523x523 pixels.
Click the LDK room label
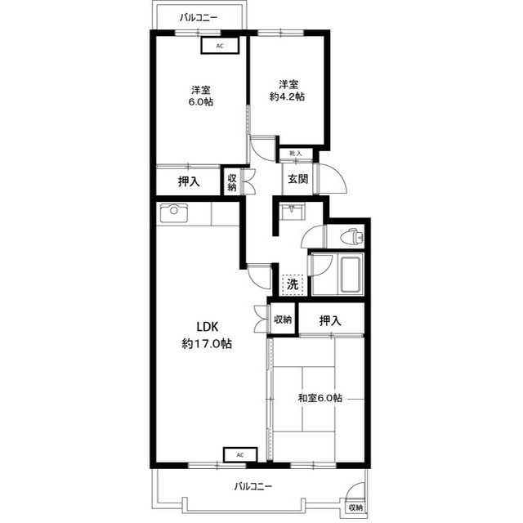(x=207, y=335)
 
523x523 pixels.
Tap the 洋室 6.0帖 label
(x=201, y=96)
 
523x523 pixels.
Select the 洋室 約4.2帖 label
(x=287, y=90)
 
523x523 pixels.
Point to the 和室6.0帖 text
(x=320, y=398)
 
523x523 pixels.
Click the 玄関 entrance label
(x=297, y=179)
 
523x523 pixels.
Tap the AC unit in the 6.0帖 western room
(x=220, y=46)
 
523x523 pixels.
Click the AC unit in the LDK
(x=240, y=454)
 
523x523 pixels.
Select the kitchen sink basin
(x=173, y=213)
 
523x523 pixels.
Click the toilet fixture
(x=352, y=236)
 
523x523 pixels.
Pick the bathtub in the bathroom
(x=351, y=275)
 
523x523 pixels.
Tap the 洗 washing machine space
(x=293, y=284)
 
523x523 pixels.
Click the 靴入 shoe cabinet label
(x=296, y=154)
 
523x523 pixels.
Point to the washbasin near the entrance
(x=292, y=212)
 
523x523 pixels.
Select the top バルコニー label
(x=199, y=17)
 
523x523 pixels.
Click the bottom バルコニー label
(x=253, y=486)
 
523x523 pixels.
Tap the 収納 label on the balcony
(x=355, y=508)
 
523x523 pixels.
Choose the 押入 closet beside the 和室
(x=330, y=320)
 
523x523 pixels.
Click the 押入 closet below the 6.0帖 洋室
(x=189, y=181)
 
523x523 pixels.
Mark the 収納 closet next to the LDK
(x=283, y=320)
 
